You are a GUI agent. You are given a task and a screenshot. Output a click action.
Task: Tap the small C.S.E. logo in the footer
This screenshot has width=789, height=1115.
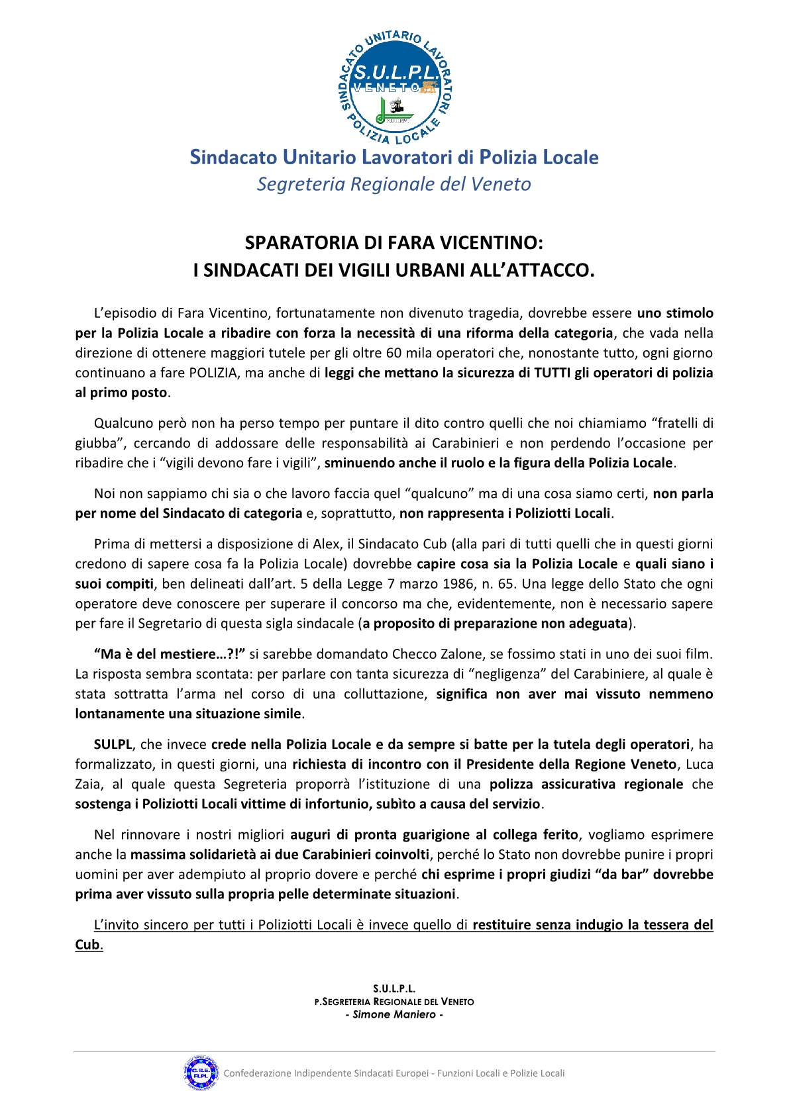[x=201, y=1073]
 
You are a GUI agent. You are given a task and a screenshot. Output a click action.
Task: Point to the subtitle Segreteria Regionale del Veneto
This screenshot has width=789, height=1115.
[x=394, y=184]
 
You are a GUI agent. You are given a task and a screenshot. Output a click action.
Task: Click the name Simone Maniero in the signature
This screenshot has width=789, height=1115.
[x=394, y=1014]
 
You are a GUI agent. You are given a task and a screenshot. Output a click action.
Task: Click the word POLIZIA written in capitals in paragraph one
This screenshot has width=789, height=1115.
[x=213, y=373]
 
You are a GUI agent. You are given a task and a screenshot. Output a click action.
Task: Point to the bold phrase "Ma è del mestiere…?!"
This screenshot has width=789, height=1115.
[x=170, y=654]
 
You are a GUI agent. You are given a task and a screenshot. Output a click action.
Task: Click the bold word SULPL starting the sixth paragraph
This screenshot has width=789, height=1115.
[x=113, y=744]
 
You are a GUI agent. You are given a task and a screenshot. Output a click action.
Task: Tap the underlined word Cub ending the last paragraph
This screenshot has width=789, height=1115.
[x=87, y=945]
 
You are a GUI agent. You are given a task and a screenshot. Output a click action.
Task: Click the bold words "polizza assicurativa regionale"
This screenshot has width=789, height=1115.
[x=586, y=785]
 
